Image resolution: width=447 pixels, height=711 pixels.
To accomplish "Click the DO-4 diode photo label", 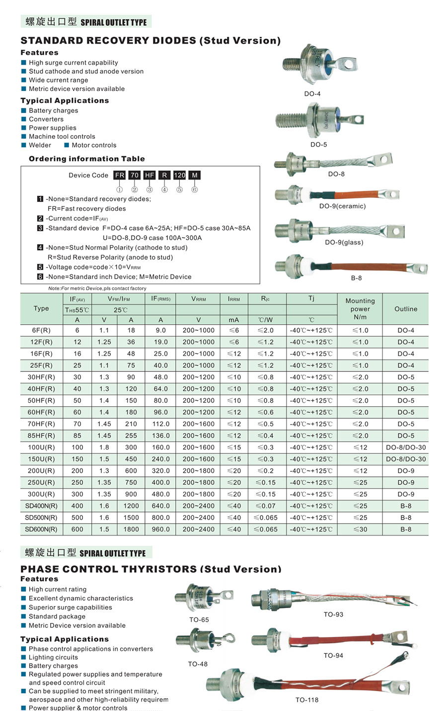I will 312,94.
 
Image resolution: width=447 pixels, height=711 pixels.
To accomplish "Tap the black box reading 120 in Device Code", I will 179,175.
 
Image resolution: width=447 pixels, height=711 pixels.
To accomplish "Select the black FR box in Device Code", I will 120,175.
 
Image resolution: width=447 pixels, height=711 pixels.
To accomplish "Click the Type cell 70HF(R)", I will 41,424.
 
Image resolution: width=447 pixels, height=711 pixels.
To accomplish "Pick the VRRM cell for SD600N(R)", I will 199,530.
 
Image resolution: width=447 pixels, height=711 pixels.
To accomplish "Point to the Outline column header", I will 406,309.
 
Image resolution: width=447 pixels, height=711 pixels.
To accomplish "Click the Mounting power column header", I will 360,309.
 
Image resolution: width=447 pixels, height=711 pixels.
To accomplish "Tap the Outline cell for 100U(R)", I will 406,447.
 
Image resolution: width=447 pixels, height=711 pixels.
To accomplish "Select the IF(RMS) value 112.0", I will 161,424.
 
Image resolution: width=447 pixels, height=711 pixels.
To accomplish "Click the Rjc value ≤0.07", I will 265,506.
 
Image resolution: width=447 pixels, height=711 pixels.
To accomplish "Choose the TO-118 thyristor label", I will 307,700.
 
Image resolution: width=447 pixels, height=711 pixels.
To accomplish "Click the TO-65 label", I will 199,620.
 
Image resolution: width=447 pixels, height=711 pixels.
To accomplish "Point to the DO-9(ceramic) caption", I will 342,206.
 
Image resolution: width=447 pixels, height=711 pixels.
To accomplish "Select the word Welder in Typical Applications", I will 40,145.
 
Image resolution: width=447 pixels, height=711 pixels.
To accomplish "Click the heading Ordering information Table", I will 87,159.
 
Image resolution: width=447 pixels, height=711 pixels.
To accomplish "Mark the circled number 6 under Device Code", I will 195,189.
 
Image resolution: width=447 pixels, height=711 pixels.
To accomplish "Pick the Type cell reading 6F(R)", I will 41,331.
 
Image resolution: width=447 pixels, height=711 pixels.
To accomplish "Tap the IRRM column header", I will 234,299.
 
